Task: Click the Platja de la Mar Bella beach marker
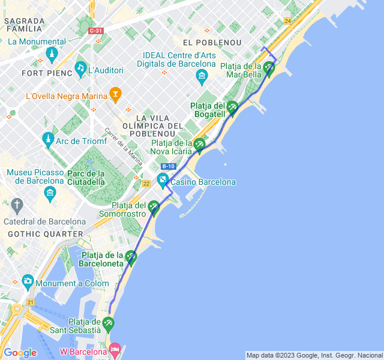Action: coord(269,68)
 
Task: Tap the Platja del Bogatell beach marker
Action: coord(232,107)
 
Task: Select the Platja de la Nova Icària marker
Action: coord(199,144)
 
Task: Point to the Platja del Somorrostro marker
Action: coord(154,207)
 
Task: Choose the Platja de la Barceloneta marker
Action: coord(131,257)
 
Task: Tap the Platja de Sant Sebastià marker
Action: coord(108,324)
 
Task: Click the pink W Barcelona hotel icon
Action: coord(116,349)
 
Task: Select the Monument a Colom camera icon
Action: coord(27,280)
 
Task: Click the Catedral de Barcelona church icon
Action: coord(17,205)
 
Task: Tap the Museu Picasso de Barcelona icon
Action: coord(50,193)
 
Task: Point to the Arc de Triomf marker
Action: coord(47,139)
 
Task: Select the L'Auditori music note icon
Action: coord(80,68)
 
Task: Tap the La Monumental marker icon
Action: coord(53,55)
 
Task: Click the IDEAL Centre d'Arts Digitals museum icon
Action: coord(202,76)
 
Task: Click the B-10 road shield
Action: coord(169,166)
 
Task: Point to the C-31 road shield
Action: coord(95,31)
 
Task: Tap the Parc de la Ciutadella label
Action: coord(86,178)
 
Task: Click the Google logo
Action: coord(20,352)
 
